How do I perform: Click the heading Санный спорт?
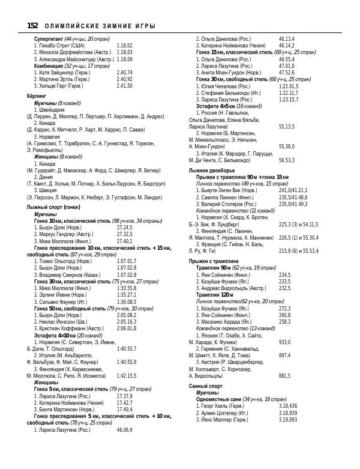(206, 386)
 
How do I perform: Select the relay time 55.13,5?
(287, 127)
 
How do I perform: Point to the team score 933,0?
(285, 342)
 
